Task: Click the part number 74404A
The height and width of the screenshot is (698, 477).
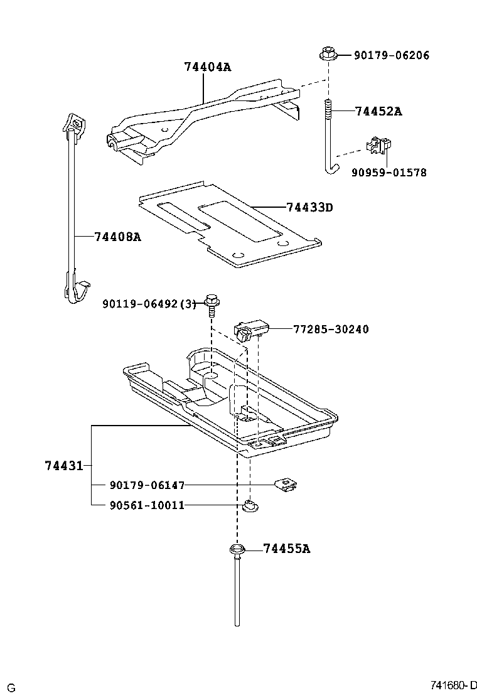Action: point(207,67)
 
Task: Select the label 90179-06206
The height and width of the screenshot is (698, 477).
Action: point(391,55)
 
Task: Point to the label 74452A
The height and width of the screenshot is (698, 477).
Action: point(378,112)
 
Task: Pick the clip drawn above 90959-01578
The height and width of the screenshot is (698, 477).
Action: point(378,146)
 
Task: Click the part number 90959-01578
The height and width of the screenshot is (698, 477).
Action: point(389,172)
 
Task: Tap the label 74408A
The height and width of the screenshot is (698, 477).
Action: point(117,237)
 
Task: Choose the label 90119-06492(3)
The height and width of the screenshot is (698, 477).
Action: point(149,304)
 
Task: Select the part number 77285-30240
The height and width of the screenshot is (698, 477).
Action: point(331,329)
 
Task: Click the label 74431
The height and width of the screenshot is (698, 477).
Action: point(63,466)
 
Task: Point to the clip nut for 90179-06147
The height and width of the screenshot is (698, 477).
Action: point(286,484)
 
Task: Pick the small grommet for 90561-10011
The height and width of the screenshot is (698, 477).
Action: point(250,505)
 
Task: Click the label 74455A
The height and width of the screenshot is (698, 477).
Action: point(286,549)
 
